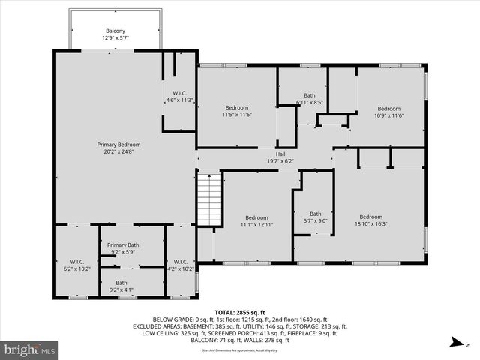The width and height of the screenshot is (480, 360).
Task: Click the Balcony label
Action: (115, 31)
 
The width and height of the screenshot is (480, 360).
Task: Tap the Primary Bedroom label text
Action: (118, 145)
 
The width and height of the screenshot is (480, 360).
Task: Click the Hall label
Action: (280, 154)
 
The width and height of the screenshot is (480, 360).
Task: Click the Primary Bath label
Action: (122, 245)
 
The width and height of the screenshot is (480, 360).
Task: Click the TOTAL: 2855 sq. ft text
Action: (240, 312)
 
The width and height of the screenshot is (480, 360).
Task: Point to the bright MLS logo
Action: (30, 349)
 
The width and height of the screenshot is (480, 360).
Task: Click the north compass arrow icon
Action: (455, 343)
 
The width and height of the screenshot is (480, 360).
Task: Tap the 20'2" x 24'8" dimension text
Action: (118, 151)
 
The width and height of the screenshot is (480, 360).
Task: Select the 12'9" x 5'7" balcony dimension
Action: (115, 38)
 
